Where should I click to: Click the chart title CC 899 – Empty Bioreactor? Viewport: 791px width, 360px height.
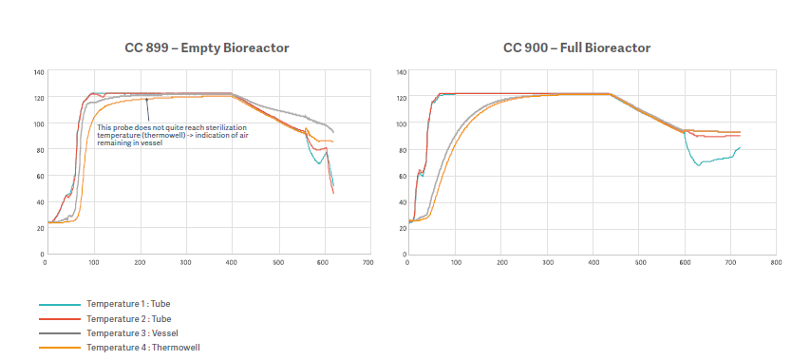pos(207,47)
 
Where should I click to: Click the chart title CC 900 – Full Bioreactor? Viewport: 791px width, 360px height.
pos(576,47)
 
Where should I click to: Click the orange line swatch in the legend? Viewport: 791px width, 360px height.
pos(59,348)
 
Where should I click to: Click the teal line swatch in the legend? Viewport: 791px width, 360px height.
pos(59,304)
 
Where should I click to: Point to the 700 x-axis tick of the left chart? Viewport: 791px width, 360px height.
pos(368,262)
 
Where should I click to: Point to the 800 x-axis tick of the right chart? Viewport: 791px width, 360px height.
pos(775,262)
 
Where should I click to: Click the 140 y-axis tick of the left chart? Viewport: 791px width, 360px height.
pos(39,72)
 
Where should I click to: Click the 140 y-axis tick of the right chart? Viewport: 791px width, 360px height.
pos(402,72)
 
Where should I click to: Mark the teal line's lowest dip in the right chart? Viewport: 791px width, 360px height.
pos(698,165)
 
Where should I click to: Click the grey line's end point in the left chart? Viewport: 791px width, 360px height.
pos(333,132)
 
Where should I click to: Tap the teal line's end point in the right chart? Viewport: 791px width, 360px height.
pos(740,147)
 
